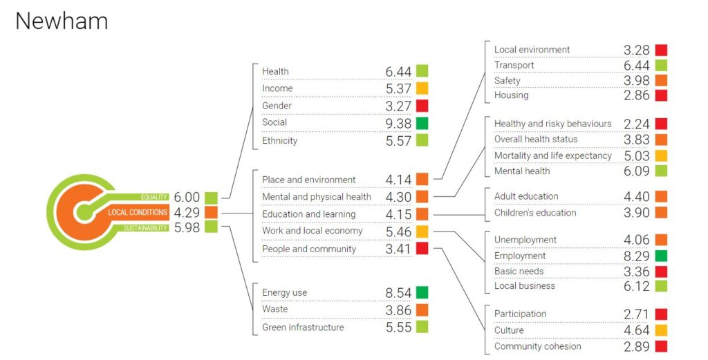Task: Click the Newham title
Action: [62, 21]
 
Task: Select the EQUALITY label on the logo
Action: [154, 197]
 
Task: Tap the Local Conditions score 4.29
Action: [187, 212]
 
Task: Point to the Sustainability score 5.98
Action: [187, 227]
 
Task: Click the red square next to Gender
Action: [422, 106]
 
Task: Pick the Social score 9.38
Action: [398, 123]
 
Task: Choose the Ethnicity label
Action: [279, 141]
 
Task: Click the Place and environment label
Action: [308, 180]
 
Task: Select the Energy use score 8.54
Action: [398, 293]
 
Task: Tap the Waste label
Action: [274, 310]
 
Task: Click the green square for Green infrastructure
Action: [422, 327]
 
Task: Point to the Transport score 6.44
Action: [635, 66]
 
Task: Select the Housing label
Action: [511, 95]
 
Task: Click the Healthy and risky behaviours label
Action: [552, 124]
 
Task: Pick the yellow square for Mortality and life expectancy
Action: [661, 155]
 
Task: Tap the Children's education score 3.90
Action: [635, 213]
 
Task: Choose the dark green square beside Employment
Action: [661, 256]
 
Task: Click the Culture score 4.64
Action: [635, 330]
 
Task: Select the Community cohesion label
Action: [537, 346]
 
